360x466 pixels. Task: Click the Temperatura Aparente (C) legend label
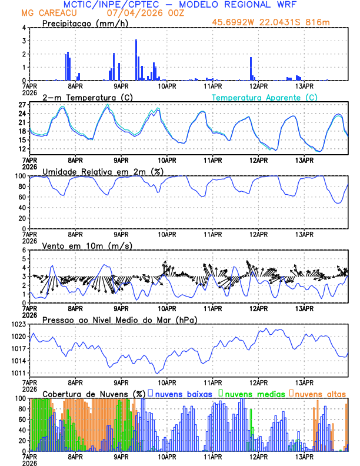click(x=265, y=97)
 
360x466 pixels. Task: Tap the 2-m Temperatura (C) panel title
click(x=86, y=97)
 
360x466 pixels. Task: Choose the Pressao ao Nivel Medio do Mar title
click(x=119, y=319)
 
